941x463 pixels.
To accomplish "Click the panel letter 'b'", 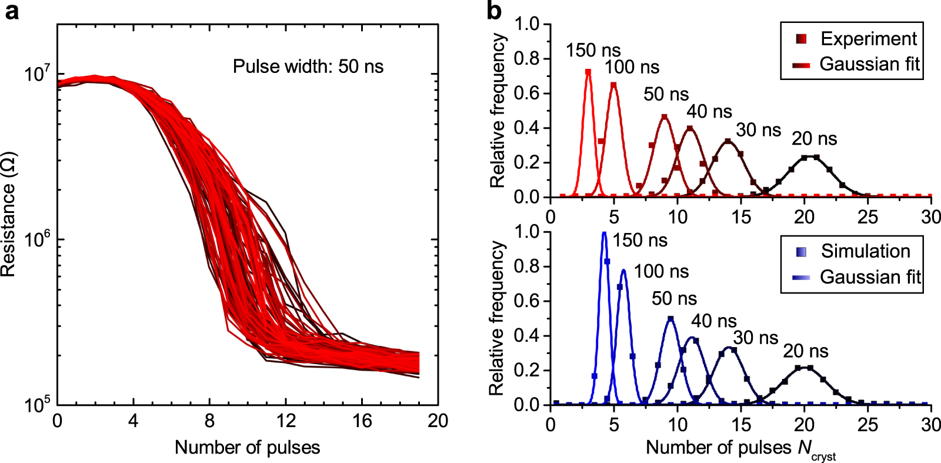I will (x=495, y=11).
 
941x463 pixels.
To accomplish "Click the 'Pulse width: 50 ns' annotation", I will (x=308, y=66).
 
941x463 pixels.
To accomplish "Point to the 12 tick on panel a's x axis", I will (x=286, y=421).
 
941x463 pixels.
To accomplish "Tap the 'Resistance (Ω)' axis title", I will (x=8, y=215).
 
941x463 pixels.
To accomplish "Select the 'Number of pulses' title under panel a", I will (x=247, y=448).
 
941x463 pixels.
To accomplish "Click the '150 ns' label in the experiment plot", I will (x=593, y=51).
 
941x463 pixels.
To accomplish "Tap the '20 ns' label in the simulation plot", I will (x=805, y=351).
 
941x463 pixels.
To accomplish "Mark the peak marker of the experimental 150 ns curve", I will (x=588, y=72).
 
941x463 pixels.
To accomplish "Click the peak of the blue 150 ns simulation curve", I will (x=603, y=233).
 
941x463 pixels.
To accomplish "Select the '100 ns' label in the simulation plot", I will (x=661, y=272).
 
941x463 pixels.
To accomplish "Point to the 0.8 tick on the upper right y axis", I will (x=526, y=58).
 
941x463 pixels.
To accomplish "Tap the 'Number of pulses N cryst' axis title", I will (x=740, y=449).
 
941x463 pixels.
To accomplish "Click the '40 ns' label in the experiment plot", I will (x=709, y=112).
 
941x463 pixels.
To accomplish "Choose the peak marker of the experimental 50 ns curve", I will (x=665, y=118).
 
